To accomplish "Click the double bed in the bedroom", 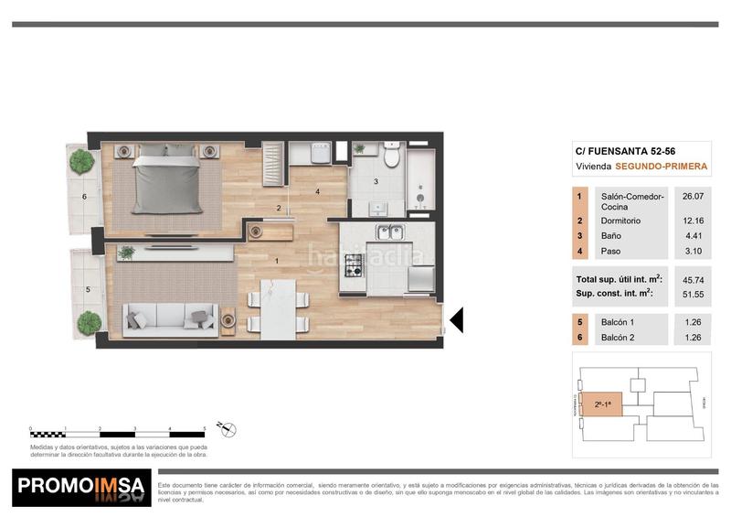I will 166,180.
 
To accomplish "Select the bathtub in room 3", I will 422,182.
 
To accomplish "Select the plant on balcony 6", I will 82,162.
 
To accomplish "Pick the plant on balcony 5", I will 88,322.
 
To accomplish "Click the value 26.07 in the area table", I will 694,196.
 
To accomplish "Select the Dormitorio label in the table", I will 620,221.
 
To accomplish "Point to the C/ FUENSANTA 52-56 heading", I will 624,151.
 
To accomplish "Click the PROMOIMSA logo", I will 82,488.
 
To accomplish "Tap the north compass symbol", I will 229,427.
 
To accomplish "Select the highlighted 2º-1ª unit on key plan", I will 602,403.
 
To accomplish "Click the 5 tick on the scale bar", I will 204,428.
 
